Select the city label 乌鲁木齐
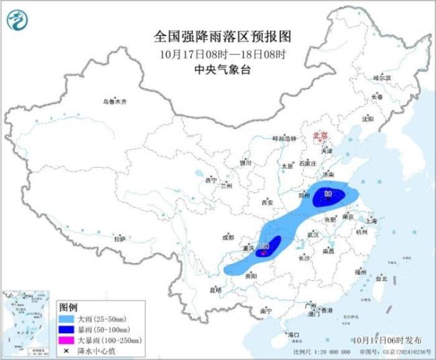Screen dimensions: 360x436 pos(114,102)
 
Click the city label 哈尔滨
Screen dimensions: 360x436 pos(382,78)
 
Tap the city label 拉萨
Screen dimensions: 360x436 pos(119,239)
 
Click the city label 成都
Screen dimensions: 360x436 pos(228,237)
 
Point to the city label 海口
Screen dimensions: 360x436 pos(292,334)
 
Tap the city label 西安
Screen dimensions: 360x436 pos(268,202)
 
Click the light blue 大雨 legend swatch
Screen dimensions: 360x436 pos(66,319)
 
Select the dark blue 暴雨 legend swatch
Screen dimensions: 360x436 pos(66,330)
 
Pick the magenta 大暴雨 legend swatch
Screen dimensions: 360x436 pos(66,341)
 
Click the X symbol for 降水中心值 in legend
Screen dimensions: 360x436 pos(66,351)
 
